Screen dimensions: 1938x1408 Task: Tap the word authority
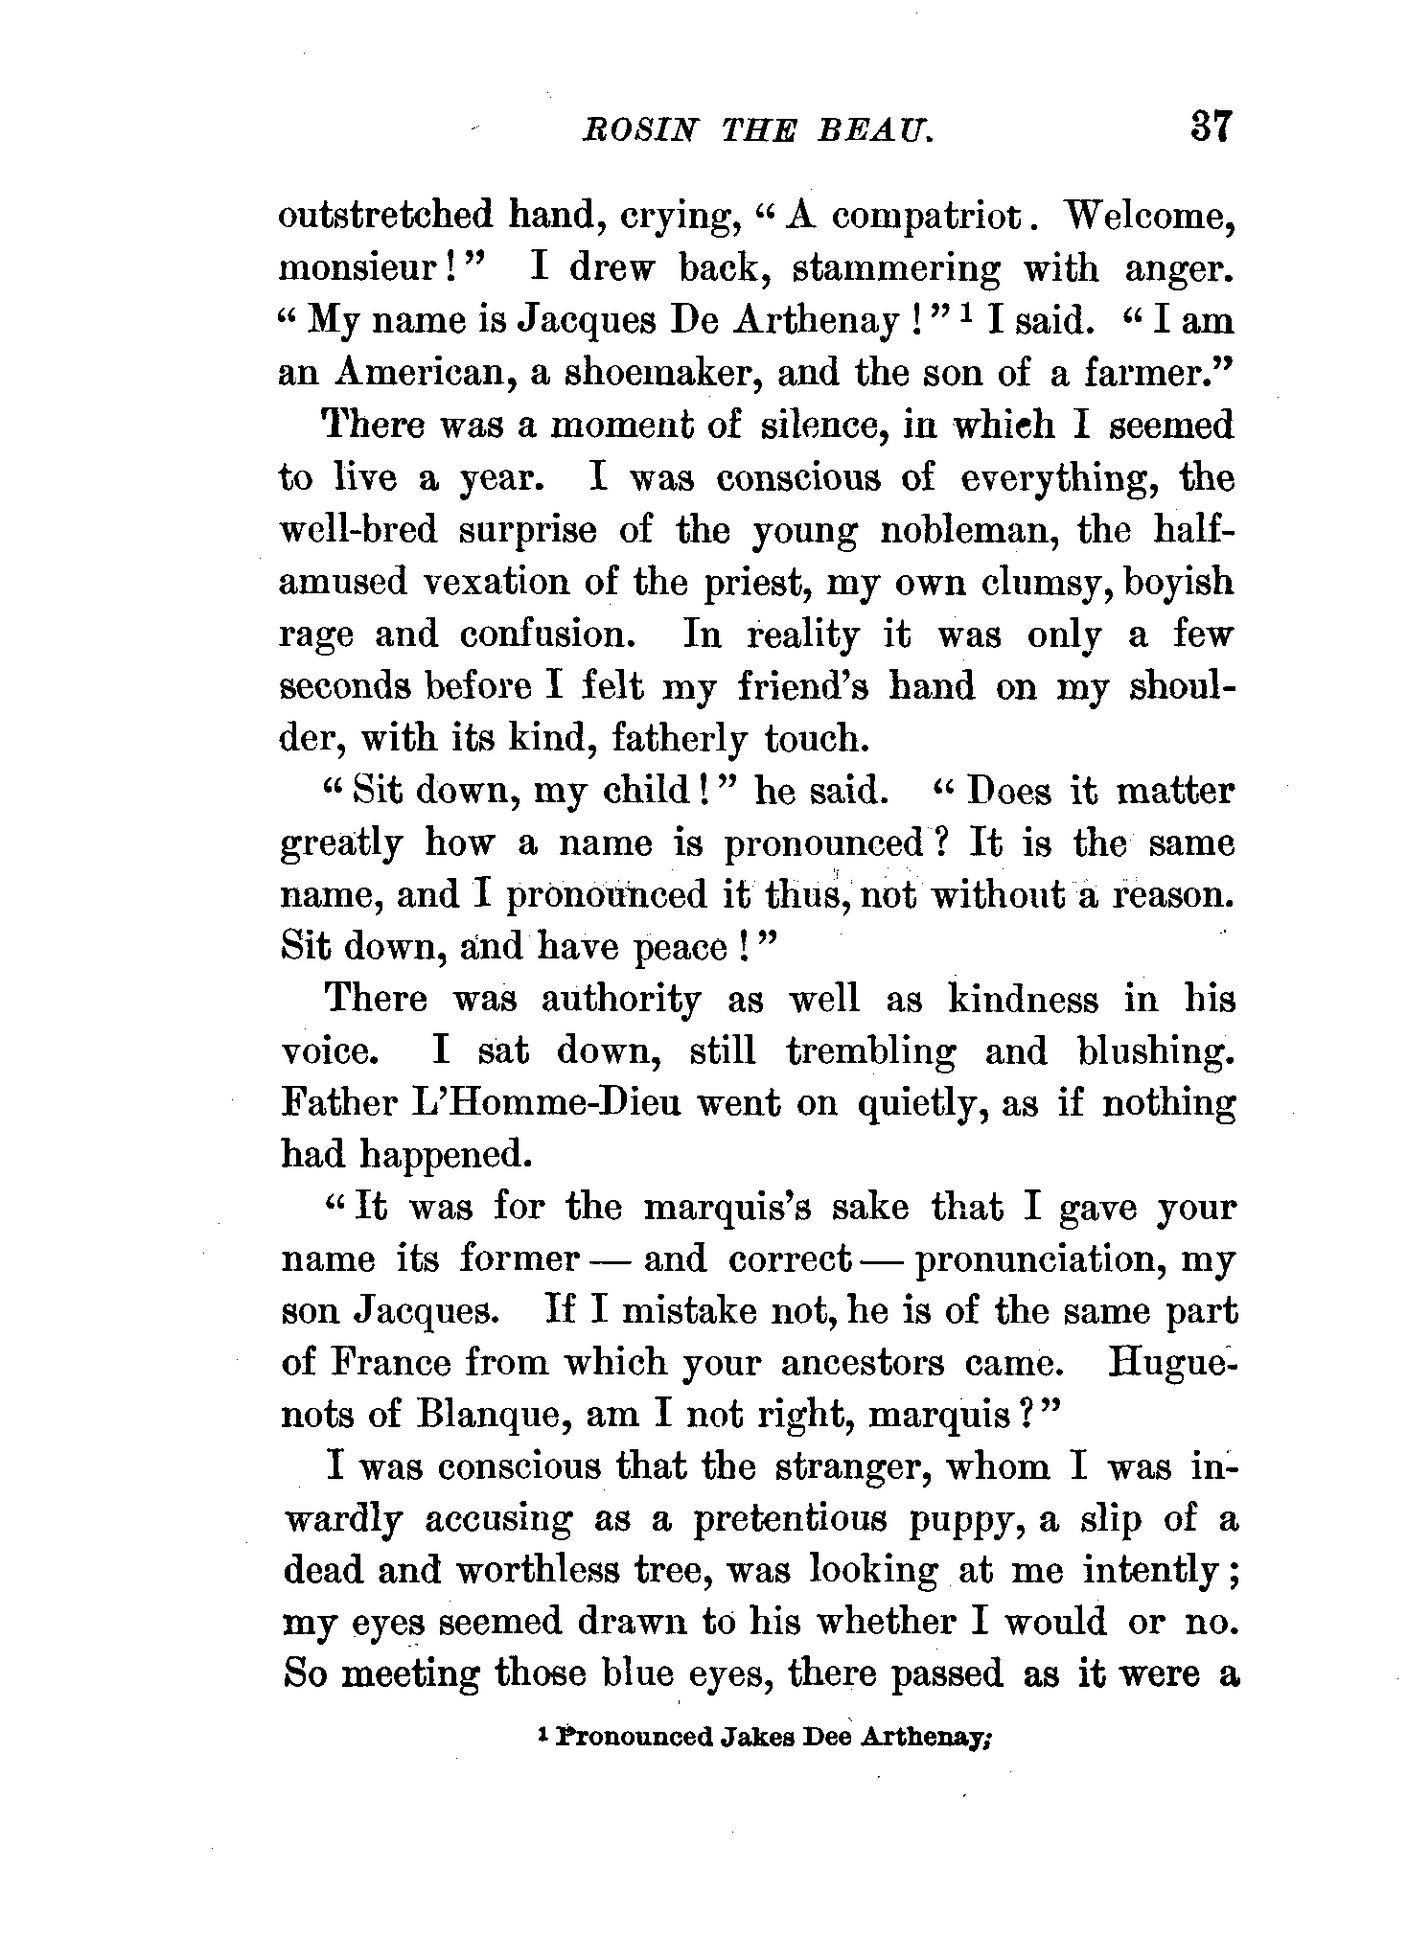tap(621, 1000)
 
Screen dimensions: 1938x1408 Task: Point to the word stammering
tap(895, 269)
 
